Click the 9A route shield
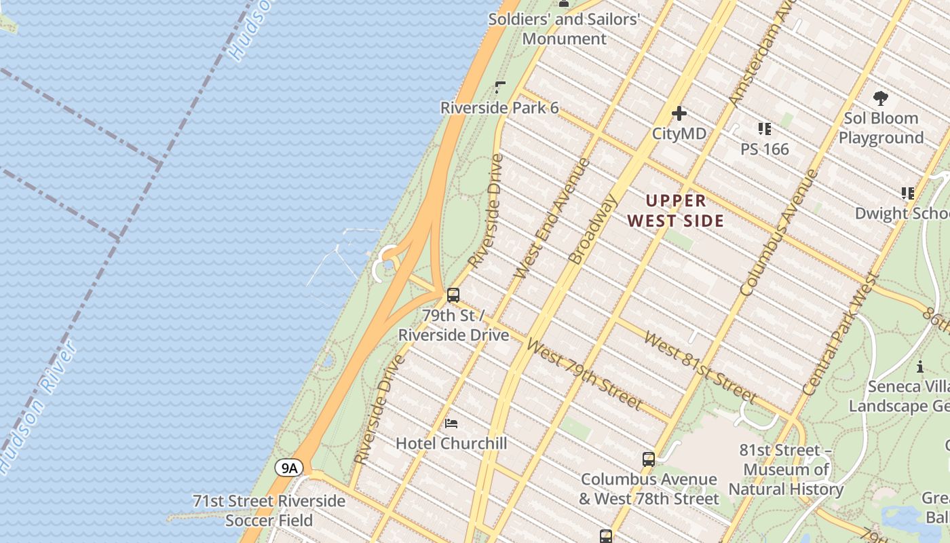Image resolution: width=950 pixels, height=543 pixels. (290, 468)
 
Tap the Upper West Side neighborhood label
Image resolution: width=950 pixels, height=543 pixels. (676, 210)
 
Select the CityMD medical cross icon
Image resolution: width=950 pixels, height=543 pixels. (679, 113)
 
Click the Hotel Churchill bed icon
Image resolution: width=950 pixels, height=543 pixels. (451, 424)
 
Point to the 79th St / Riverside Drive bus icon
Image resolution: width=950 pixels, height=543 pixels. (453, 295)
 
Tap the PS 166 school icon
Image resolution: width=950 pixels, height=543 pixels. (765, 129)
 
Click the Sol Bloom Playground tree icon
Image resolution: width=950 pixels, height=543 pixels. (881, 98)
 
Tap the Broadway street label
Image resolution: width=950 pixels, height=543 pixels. (593, 229)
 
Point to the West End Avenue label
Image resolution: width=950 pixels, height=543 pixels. (552, 218)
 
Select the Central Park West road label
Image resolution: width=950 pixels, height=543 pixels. (839, 335)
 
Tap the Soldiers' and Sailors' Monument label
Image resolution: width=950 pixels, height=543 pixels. (565, 29)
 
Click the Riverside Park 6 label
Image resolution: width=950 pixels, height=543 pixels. (499, 108)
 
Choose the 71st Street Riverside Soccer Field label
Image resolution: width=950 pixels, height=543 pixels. (269, 511)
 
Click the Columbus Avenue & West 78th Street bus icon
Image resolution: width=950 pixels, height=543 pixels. (649, 460)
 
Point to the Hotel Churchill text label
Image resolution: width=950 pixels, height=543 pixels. (451, 444)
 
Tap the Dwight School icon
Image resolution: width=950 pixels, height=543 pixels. (907, 193)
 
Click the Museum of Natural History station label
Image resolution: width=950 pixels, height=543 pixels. (786, 470)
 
